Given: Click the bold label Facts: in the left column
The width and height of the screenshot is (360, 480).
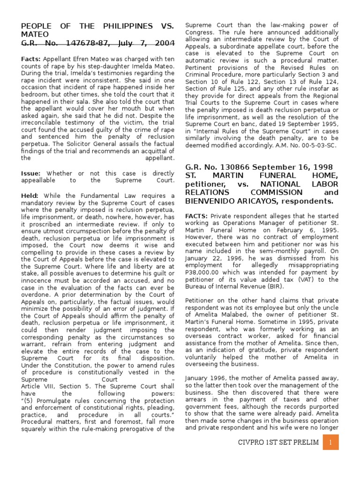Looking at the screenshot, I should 31,59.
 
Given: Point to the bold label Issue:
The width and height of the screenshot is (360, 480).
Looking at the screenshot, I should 31,173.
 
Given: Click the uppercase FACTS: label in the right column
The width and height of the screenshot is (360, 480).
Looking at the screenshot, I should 196,216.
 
